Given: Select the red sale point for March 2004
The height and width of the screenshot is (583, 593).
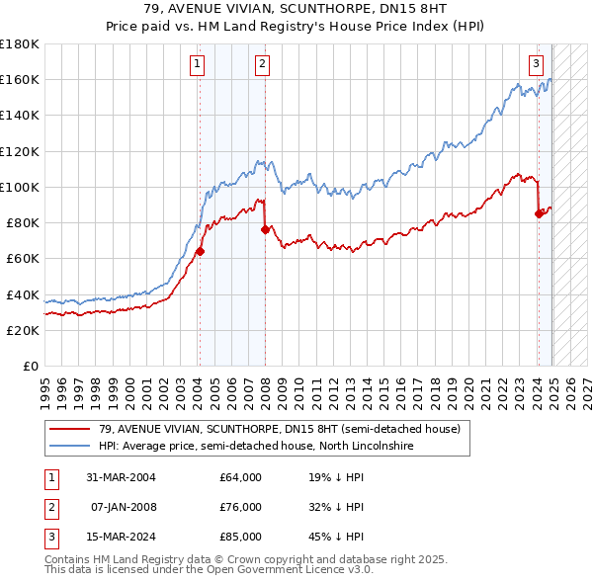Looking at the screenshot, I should (200, 251).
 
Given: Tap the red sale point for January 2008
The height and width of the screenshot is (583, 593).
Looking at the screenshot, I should (265, 229).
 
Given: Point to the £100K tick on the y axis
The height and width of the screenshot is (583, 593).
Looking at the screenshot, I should (20, 187).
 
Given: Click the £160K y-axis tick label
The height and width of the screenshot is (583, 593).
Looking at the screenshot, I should (20, 79).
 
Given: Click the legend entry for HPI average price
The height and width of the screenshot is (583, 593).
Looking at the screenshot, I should (255, 446).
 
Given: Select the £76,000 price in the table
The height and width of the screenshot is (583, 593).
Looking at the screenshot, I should (241, 507).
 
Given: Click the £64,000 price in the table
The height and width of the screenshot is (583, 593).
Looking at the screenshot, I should (241, 477).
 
